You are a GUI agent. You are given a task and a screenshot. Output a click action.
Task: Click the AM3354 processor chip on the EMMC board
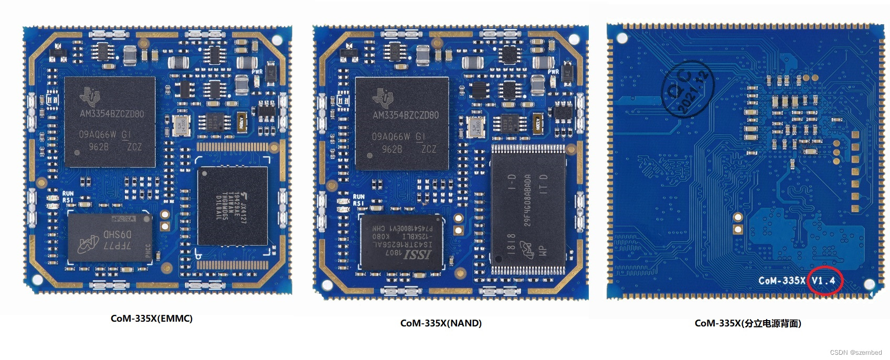pos(110,122)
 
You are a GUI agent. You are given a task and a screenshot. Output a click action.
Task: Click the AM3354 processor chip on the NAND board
pos(402,124)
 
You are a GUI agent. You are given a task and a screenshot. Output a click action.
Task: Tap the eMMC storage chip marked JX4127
pos(232,206)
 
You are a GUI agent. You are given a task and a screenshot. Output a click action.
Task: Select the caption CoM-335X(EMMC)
pos(152,319)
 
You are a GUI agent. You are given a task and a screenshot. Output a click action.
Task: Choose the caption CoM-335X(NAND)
pos(441,323)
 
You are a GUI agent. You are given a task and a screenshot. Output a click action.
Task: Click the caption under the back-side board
pos(748,323)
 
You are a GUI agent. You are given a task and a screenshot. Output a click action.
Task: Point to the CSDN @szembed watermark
pos(856,353)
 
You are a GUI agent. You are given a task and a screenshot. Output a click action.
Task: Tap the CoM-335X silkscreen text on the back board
pos(781,281)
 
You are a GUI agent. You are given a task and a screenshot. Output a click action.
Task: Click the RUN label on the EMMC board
pos(68,194)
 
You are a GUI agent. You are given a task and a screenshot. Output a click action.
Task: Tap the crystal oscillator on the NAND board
pos(476,128)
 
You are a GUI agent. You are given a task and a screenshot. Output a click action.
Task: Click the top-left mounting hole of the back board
pos(622,38)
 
